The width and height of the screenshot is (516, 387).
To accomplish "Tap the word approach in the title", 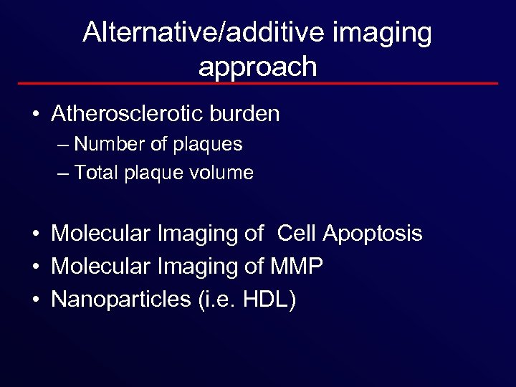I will pos(257,66).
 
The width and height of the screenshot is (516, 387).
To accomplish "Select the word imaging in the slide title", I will pos(391,32).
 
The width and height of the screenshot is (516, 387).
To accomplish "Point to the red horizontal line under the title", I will pos(257,84).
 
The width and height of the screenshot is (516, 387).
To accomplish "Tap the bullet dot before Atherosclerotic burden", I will pos(34,115).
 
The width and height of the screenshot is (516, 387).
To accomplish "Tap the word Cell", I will pos(297,234).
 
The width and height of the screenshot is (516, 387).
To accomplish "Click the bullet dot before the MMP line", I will pos(34,267).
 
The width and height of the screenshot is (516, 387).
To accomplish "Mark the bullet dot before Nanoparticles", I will pos(34,300).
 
